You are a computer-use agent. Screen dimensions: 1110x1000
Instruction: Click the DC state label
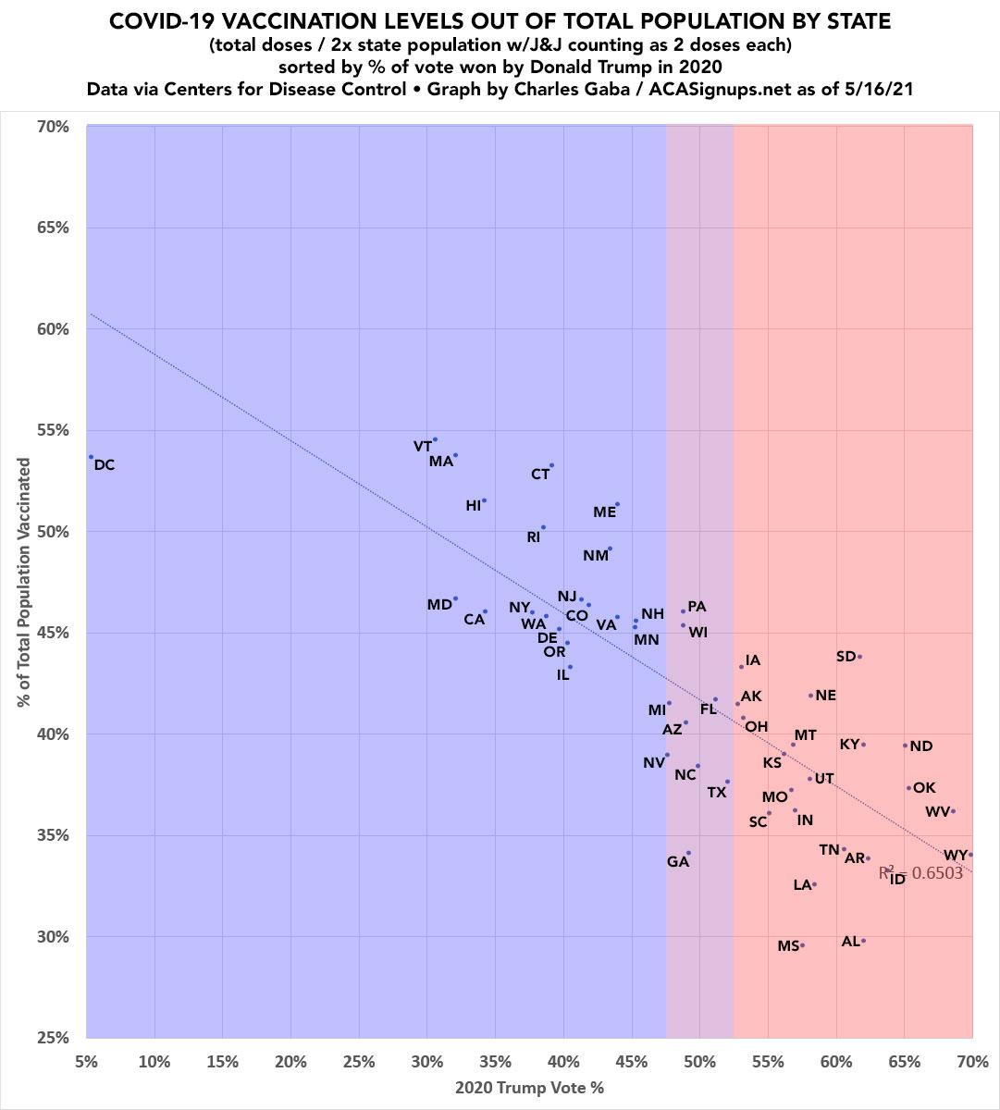tap(105, 465)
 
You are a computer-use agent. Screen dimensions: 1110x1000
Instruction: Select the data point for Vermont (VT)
tap(435, 439)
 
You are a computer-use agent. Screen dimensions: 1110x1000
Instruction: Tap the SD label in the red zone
tap(846, 657)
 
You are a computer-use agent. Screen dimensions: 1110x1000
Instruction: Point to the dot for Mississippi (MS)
tap(802, 945)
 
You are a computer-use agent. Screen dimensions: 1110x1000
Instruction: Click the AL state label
tap(851, 942)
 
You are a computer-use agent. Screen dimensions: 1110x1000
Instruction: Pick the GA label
tap(678, 862)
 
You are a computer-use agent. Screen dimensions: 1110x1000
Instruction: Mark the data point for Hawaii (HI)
tap(484, 500)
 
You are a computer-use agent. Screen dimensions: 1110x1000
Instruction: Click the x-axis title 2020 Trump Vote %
tap(529, 1088)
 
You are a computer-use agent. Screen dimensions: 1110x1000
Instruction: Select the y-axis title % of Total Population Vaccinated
tap(24, 583)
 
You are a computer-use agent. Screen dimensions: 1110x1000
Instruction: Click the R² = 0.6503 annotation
tap(920, 872)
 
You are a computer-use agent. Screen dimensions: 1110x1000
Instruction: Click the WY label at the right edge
tap(955, 856)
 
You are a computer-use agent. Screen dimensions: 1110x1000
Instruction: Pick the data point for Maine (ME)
tap(617, 504)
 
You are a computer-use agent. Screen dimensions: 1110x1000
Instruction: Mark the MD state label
tap(438, 605)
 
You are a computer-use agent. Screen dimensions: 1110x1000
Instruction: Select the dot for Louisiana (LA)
tap(814, 884)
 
